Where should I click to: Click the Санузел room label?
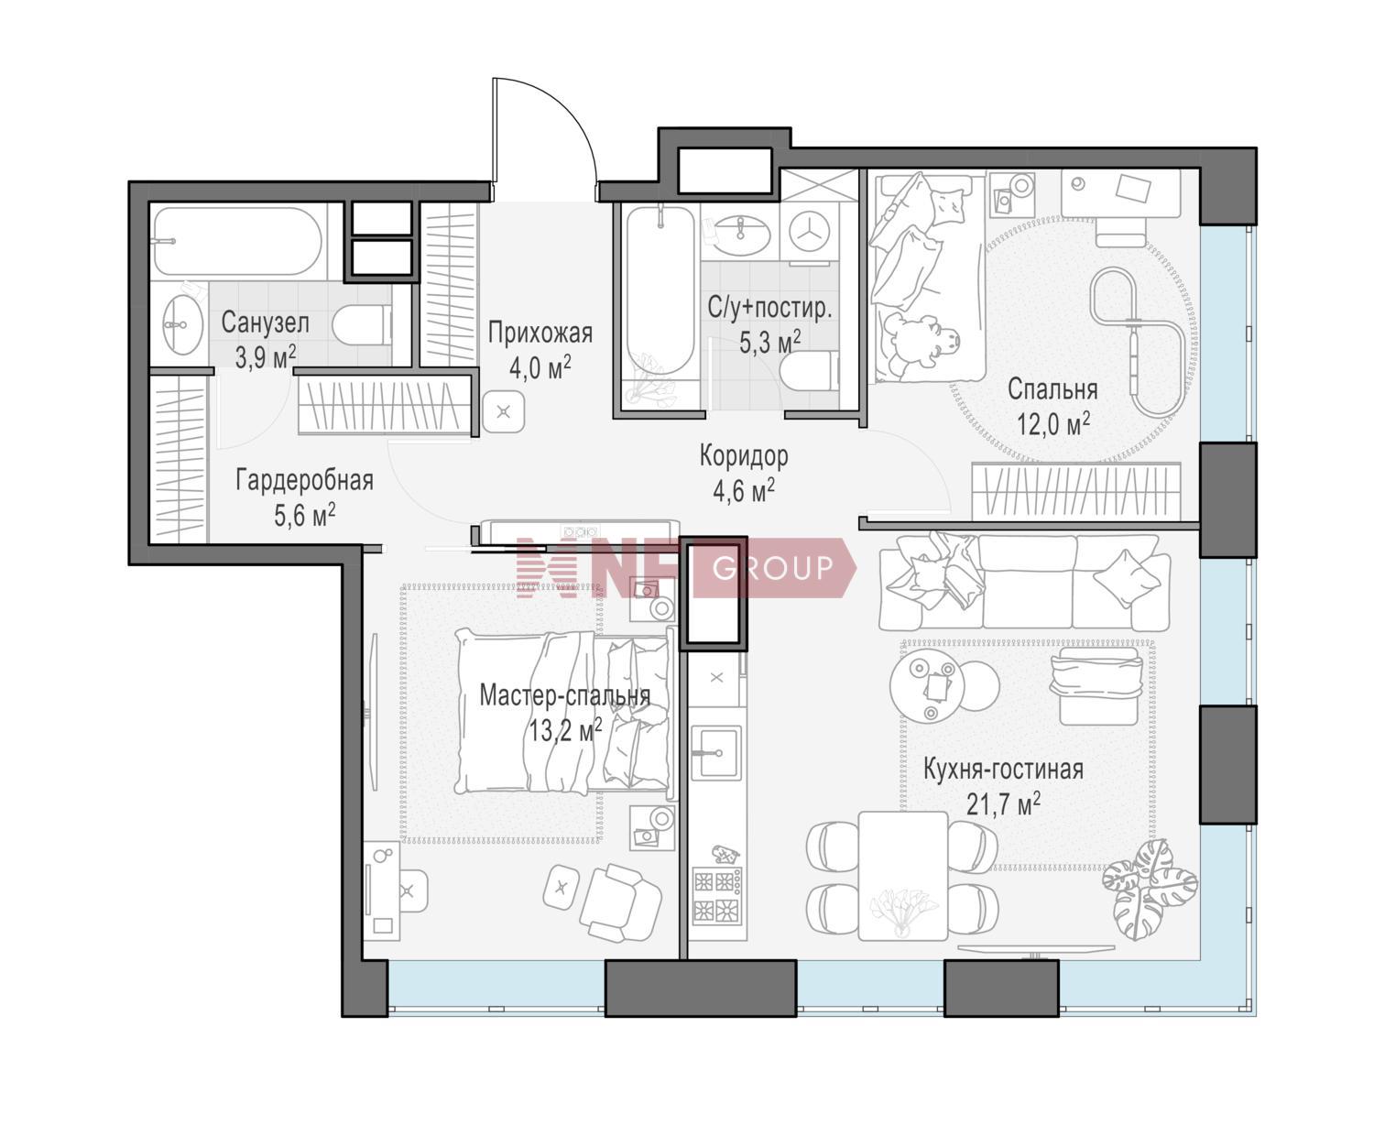(265, 322)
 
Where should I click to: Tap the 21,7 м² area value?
(1004, 803)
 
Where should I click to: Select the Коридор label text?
(744, 455)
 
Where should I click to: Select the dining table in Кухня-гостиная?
(903, 875)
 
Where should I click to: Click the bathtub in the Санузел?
(238, 241)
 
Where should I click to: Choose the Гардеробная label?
(305, 480)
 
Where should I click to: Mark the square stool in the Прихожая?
(504, 412)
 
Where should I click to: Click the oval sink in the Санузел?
(183, 324)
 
